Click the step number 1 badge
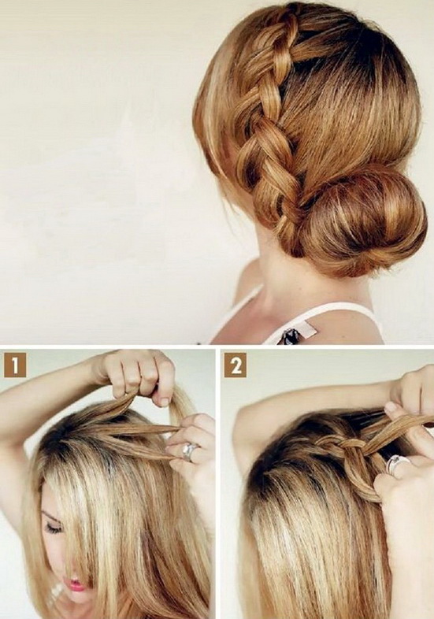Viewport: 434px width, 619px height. (x=15, y=365)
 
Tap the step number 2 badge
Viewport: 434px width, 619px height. (x=236, y=365)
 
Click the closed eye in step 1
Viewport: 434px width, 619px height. (x=54, y=528)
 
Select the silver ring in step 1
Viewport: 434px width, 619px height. (x=190, y=451)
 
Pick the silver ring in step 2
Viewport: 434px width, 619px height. (x=395, y=465)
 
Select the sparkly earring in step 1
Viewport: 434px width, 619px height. (x=56, y=593)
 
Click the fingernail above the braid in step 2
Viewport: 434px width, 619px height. (x=391, y=407)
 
